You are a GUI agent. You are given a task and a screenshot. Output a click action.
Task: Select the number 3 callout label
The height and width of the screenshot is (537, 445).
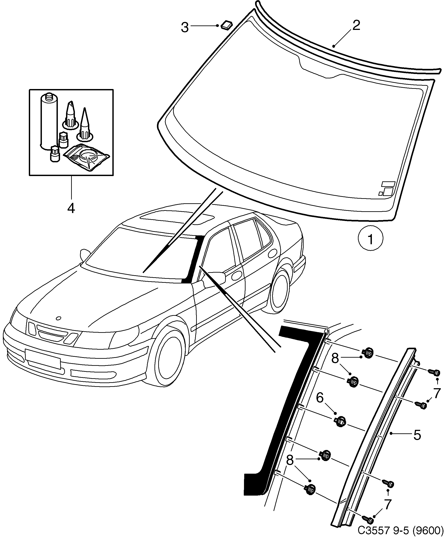click(185, 27)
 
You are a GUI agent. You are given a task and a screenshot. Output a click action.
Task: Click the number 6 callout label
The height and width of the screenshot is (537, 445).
click(320, 398)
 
